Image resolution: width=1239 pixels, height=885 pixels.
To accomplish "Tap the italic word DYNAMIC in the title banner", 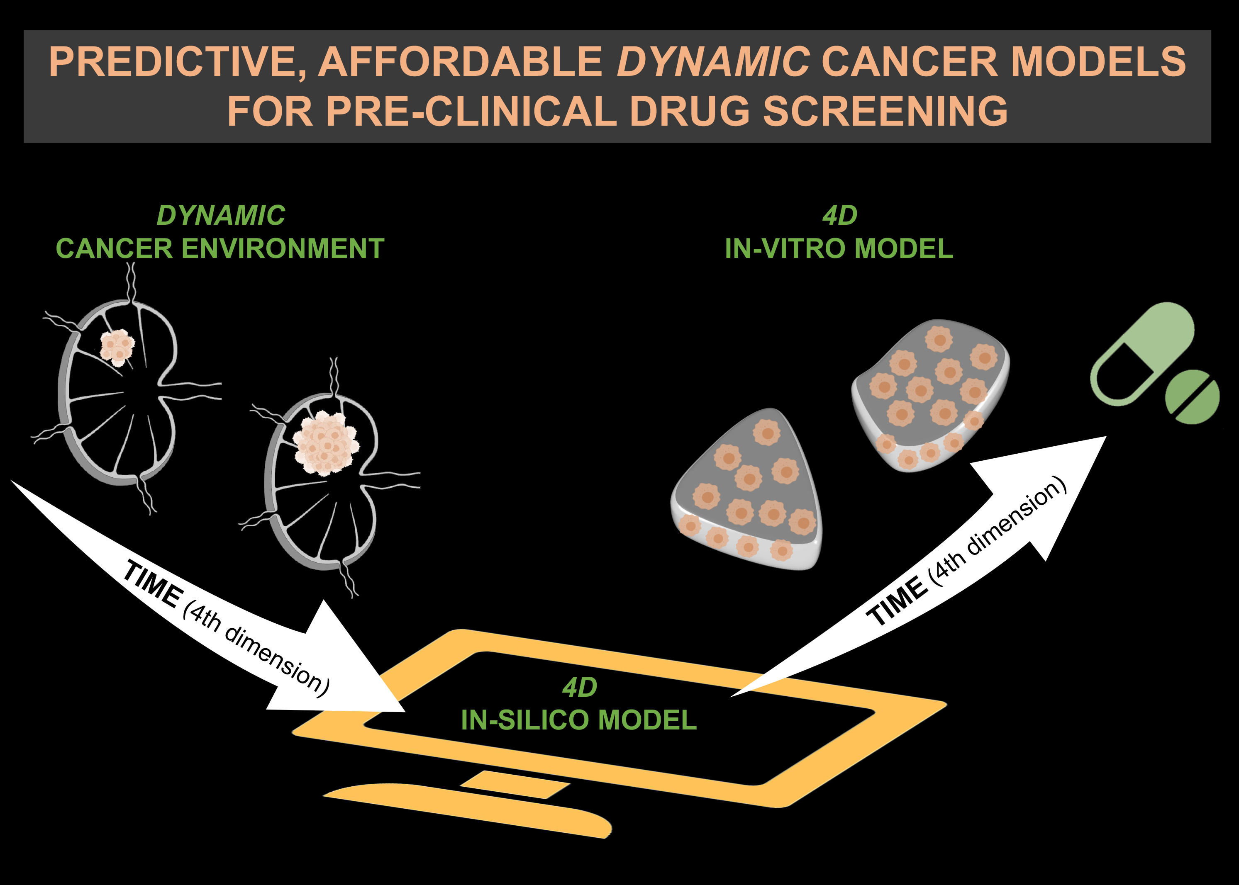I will (712, 61).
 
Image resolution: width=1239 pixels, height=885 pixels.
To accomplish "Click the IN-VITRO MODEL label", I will (839, 248).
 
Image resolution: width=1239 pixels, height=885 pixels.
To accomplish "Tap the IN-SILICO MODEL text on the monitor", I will (579, 720).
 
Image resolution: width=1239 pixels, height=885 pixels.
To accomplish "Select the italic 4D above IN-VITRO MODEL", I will (839, 216).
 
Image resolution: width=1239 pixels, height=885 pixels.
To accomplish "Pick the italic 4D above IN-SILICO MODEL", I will (579, 688).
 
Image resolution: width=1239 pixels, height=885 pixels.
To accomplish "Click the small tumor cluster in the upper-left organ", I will (117, 347).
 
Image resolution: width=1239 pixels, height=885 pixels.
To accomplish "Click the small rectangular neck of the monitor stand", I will (515, 784).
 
